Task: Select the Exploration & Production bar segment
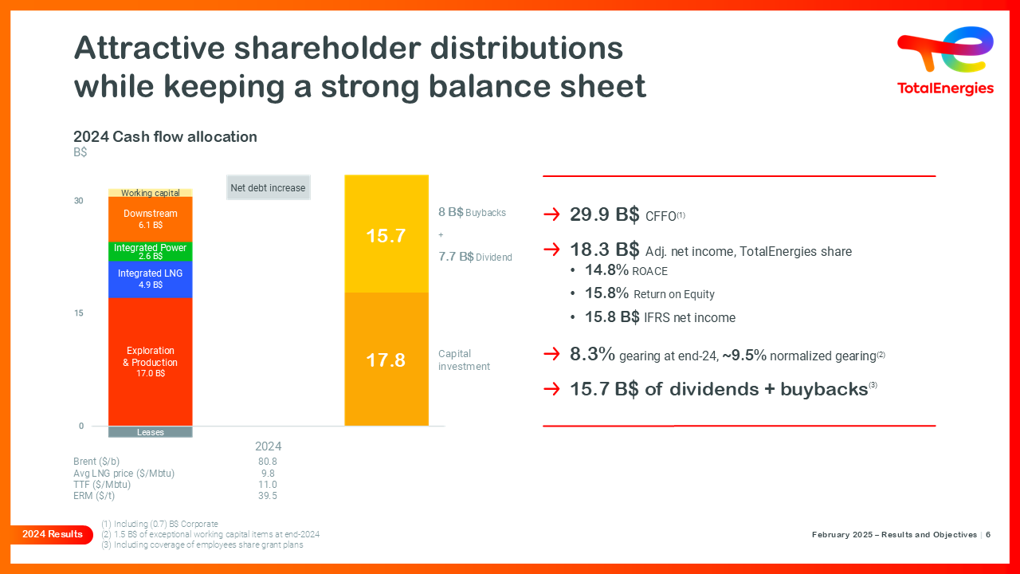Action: pos(150,361)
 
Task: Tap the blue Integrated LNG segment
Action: pos(150,279)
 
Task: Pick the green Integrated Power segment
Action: pos(150,251)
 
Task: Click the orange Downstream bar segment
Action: pos(150,219)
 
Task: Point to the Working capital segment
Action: pos(150,193)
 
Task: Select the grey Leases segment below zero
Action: pos(150,432)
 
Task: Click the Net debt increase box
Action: pos(268,188)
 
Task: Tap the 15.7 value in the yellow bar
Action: pos(386,236)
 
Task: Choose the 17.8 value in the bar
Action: pos(386,360)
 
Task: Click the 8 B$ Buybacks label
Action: pos(472,213)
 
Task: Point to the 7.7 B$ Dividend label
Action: pos(475,257)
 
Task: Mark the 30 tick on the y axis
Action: pos(79,201)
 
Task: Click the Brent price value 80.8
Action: pos(268,462)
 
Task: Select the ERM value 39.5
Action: pos(268,496)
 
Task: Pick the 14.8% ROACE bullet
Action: pos(626,270)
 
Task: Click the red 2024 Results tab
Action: pos(51,534)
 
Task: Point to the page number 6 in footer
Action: pos(988,535)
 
